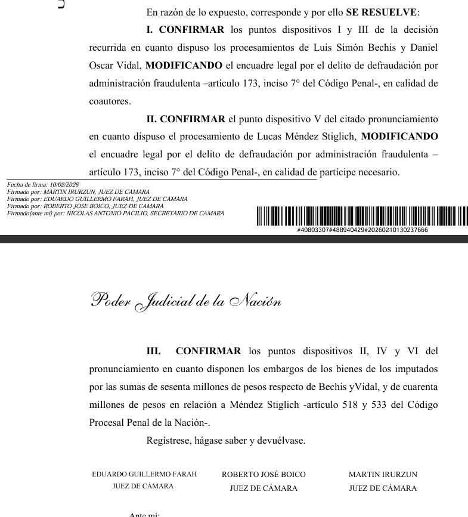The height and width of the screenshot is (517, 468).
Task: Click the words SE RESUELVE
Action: tap(382, 12)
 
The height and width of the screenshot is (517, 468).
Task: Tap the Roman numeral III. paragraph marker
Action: tap(154, 351)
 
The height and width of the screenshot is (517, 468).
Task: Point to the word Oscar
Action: tap(101, 66)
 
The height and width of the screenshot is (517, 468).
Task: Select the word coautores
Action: tap(110, 101)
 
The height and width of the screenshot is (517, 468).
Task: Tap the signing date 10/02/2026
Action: tap(64, 185)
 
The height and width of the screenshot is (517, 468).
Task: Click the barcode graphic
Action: tap(362, 215)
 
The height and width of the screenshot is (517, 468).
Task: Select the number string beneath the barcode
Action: tap(362, 230)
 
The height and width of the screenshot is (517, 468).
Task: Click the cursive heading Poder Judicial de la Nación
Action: tap(185, 300)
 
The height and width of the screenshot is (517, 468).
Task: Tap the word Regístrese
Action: tap(170, 441)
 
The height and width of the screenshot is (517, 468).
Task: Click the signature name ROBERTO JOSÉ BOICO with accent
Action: tap(264, 475)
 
